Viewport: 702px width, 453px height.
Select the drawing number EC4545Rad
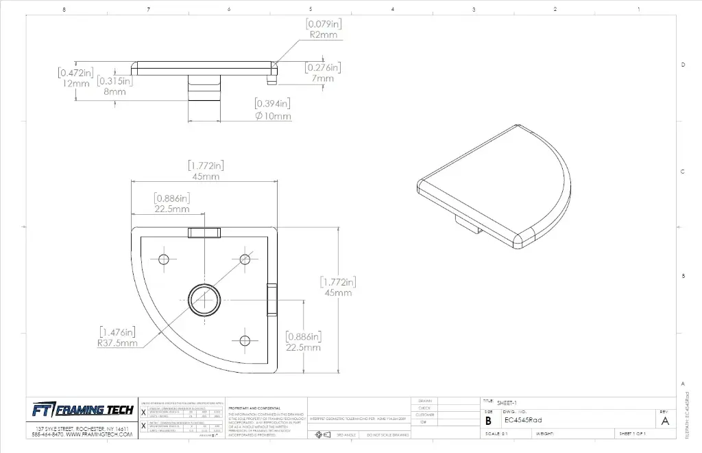pyautogui.click(x=522, y=420)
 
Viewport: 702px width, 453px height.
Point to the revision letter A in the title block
pyautogui.click(x=664, y=421)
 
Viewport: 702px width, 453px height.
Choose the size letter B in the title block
pyautogui.click(x=488, y=421)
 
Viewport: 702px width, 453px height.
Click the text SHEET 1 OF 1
pyautogui.click(x=632, y=434)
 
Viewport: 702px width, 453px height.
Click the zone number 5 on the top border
pyautogui.click(x=311, y=9)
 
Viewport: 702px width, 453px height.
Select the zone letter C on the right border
pyautogui.click(x=682, y=172)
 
